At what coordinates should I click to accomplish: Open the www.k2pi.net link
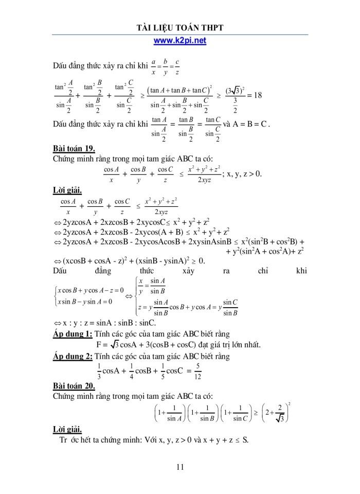[180, 40]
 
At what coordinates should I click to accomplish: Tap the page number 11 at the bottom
[180, 467]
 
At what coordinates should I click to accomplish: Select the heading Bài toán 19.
[74, 149]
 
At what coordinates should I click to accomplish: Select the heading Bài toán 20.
[74, 385]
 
